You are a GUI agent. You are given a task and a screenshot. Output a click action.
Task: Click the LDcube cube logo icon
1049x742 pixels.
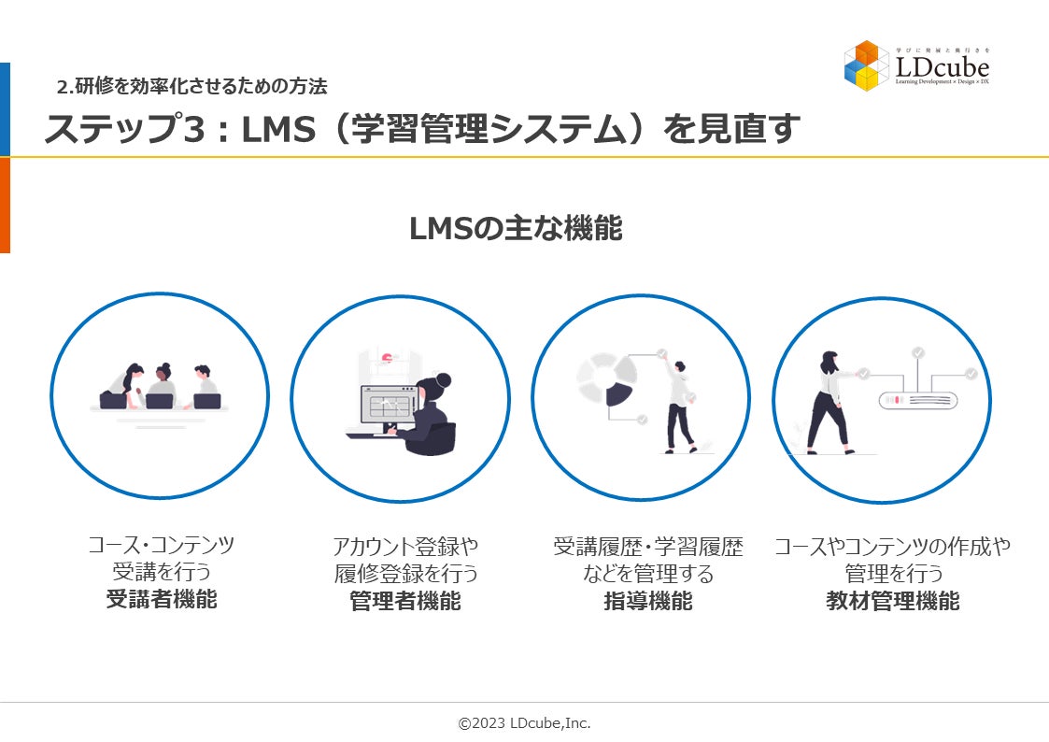click(x=866, y=64)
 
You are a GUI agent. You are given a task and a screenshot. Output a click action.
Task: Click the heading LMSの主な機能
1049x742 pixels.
click(x=516, y=228)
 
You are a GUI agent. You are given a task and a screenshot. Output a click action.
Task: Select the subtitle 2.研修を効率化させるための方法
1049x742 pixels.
click(x=191, y=88)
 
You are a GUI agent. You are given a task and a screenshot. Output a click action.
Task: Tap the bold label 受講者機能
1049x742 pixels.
click(x=162, y=599)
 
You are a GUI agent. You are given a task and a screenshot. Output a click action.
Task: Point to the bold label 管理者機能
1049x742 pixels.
click(x=405, y=601)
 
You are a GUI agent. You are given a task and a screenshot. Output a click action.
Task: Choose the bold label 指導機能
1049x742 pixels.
click(x=648, y=601)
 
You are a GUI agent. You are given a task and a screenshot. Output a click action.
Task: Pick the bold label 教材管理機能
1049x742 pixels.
click(x=892, y=601)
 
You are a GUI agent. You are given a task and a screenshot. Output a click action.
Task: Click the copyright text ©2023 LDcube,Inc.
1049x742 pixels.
click(x=524, y=723)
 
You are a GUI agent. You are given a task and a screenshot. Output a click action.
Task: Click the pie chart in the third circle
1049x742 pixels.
click(x=606, y=379)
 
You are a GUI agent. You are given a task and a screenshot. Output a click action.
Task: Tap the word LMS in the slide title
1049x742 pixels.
click(x=281, y=130)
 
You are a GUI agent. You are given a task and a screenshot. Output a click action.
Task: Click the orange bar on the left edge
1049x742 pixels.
click(x=5, y=206)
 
